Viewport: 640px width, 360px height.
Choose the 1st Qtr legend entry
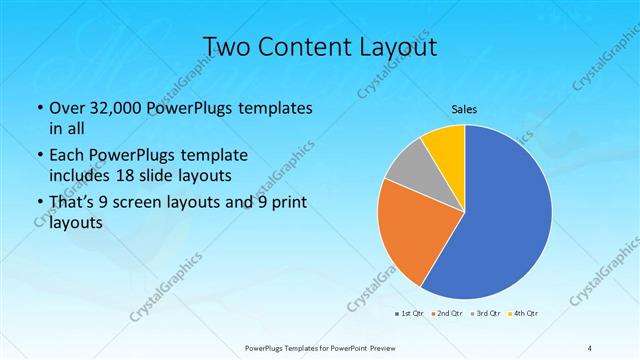[x=409, y=315]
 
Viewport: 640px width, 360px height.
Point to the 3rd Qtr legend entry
[x=487, y=315]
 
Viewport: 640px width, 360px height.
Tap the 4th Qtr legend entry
[x=525, y=315]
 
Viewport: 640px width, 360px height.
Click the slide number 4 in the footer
[x=589, y=347]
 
